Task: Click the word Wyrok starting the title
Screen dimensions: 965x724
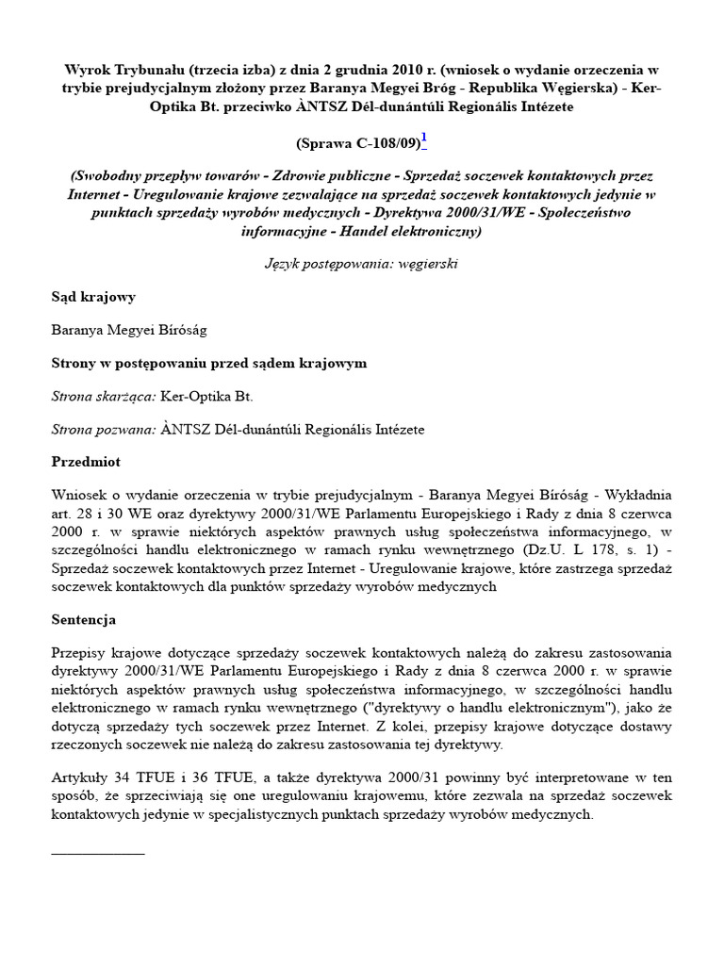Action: [x=85, y=71]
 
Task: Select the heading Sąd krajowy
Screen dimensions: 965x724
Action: [x=93, y=297]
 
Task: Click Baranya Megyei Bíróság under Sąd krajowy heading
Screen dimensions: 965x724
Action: [x=128, y=330]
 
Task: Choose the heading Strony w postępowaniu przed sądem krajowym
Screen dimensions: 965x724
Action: [x=208, y=363]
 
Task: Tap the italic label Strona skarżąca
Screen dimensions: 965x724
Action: [x=104, y=397]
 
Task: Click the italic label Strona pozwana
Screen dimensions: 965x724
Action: [x=103, y=430]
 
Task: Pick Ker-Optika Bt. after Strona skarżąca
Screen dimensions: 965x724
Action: [x=206, y=397]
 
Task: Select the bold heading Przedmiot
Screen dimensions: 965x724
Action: [x=86, y=463]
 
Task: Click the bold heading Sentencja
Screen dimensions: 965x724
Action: [x=83, y=620]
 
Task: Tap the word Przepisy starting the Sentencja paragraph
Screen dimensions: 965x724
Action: [x=79, y=653]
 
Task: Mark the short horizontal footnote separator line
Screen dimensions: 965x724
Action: [x=98, y=853]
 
